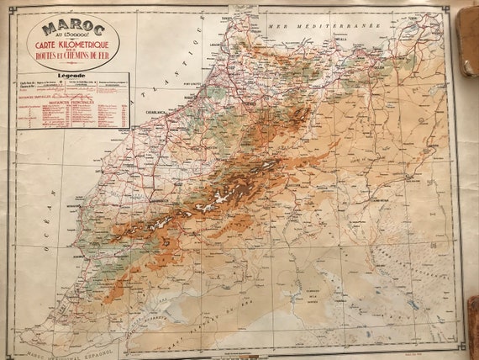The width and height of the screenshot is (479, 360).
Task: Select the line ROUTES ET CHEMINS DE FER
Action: click(x=72, y=58)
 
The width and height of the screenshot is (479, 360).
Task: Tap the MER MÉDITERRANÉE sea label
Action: click(x=324, y=26)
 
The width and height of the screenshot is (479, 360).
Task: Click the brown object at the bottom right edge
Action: click(x=473, y=324)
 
